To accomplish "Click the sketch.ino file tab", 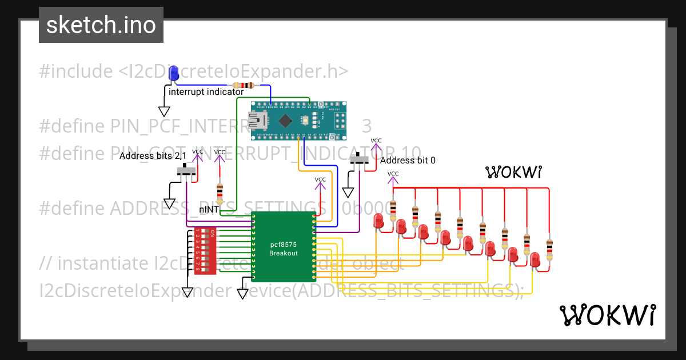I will click(101, 25).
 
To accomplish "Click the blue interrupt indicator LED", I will click(173, 73).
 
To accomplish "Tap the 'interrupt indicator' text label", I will click(206, 91).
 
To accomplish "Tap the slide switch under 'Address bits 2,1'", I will click(186, 170).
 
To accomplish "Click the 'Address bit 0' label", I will click(408, 161).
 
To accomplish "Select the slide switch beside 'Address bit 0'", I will click(359, 160).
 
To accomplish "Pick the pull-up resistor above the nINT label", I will click(219, 191).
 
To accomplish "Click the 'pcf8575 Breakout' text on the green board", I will click(284, 249).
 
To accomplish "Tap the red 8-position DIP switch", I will click(205, 251).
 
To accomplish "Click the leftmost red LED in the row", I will click(378, 222).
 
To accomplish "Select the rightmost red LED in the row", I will click(535, 259).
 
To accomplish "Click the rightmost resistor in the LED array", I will click(549, 249).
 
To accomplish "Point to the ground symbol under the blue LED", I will click(164, 112).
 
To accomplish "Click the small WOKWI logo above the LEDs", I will click(513, 172).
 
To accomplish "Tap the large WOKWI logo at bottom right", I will click(607, 315).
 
